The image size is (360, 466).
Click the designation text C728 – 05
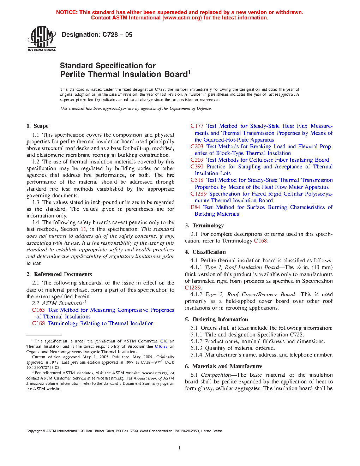pos(97,35)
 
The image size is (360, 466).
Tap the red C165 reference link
pos(38,310)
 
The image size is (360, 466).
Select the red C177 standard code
pos(197,126)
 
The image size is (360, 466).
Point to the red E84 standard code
pos(195,207)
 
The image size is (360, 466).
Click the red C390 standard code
pos(197,167)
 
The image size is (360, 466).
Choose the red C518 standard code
pos(197,180)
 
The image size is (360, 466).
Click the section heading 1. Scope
pos(37,126)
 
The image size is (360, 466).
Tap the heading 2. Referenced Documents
pos(59,274)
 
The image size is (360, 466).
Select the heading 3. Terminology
pos(204,226)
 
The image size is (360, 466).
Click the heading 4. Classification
pos(205,252)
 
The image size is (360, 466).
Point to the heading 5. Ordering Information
pos(216,319)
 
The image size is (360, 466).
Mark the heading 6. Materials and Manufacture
pos(223,366)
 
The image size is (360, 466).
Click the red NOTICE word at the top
pos(67,12)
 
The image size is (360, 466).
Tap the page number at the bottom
pos(180,448)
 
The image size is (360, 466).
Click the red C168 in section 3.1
pos(260,241)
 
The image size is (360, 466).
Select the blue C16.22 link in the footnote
pos(161,346)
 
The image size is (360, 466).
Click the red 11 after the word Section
pos(83,229)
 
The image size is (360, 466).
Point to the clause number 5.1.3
pos(197,348)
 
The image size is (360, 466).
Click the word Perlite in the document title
pos(73,74)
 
